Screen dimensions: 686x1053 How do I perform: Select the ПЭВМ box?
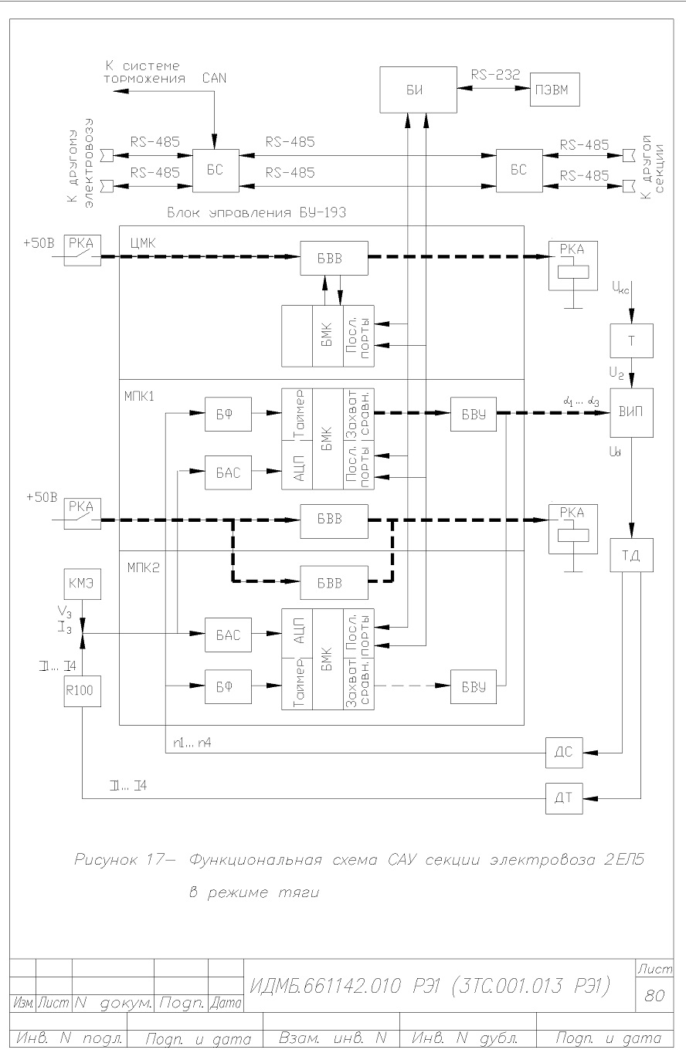555,90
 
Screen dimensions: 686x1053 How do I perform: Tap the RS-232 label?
495,74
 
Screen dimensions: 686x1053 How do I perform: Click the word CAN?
214,78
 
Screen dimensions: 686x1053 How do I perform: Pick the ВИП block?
631,413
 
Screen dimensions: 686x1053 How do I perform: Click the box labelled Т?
631,340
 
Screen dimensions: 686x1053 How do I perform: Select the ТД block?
631,555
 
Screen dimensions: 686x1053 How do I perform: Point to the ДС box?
564,753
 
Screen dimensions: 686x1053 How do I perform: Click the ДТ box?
564,798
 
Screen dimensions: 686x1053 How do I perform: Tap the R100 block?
83,691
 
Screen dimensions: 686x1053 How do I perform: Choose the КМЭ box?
83,584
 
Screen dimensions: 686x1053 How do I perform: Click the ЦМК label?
143,243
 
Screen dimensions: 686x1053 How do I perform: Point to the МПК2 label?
144,568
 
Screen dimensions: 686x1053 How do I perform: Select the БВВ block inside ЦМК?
334,258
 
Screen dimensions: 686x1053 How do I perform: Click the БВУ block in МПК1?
474,414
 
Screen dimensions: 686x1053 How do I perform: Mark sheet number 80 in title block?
654,995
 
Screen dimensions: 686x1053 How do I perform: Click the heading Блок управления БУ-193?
257,213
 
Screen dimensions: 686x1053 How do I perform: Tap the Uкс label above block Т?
620,286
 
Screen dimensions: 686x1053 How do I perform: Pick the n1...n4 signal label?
192,743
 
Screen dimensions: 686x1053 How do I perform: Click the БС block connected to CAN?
216,171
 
